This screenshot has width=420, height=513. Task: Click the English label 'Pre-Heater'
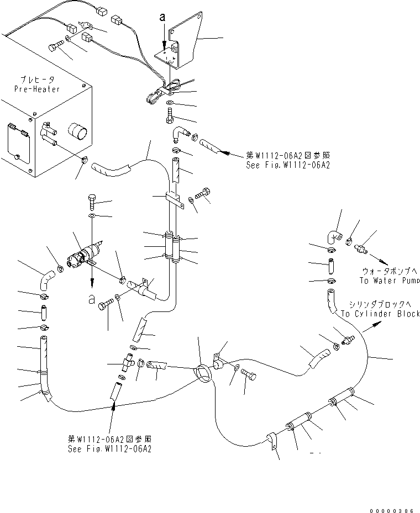(38, 89)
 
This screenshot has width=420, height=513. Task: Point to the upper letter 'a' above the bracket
(162, 18)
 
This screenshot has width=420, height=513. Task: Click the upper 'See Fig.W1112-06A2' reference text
(287, 165)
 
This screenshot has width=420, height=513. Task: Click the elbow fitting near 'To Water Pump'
(333, 236)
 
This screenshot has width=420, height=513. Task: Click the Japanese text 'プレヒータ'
(38, 80)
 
